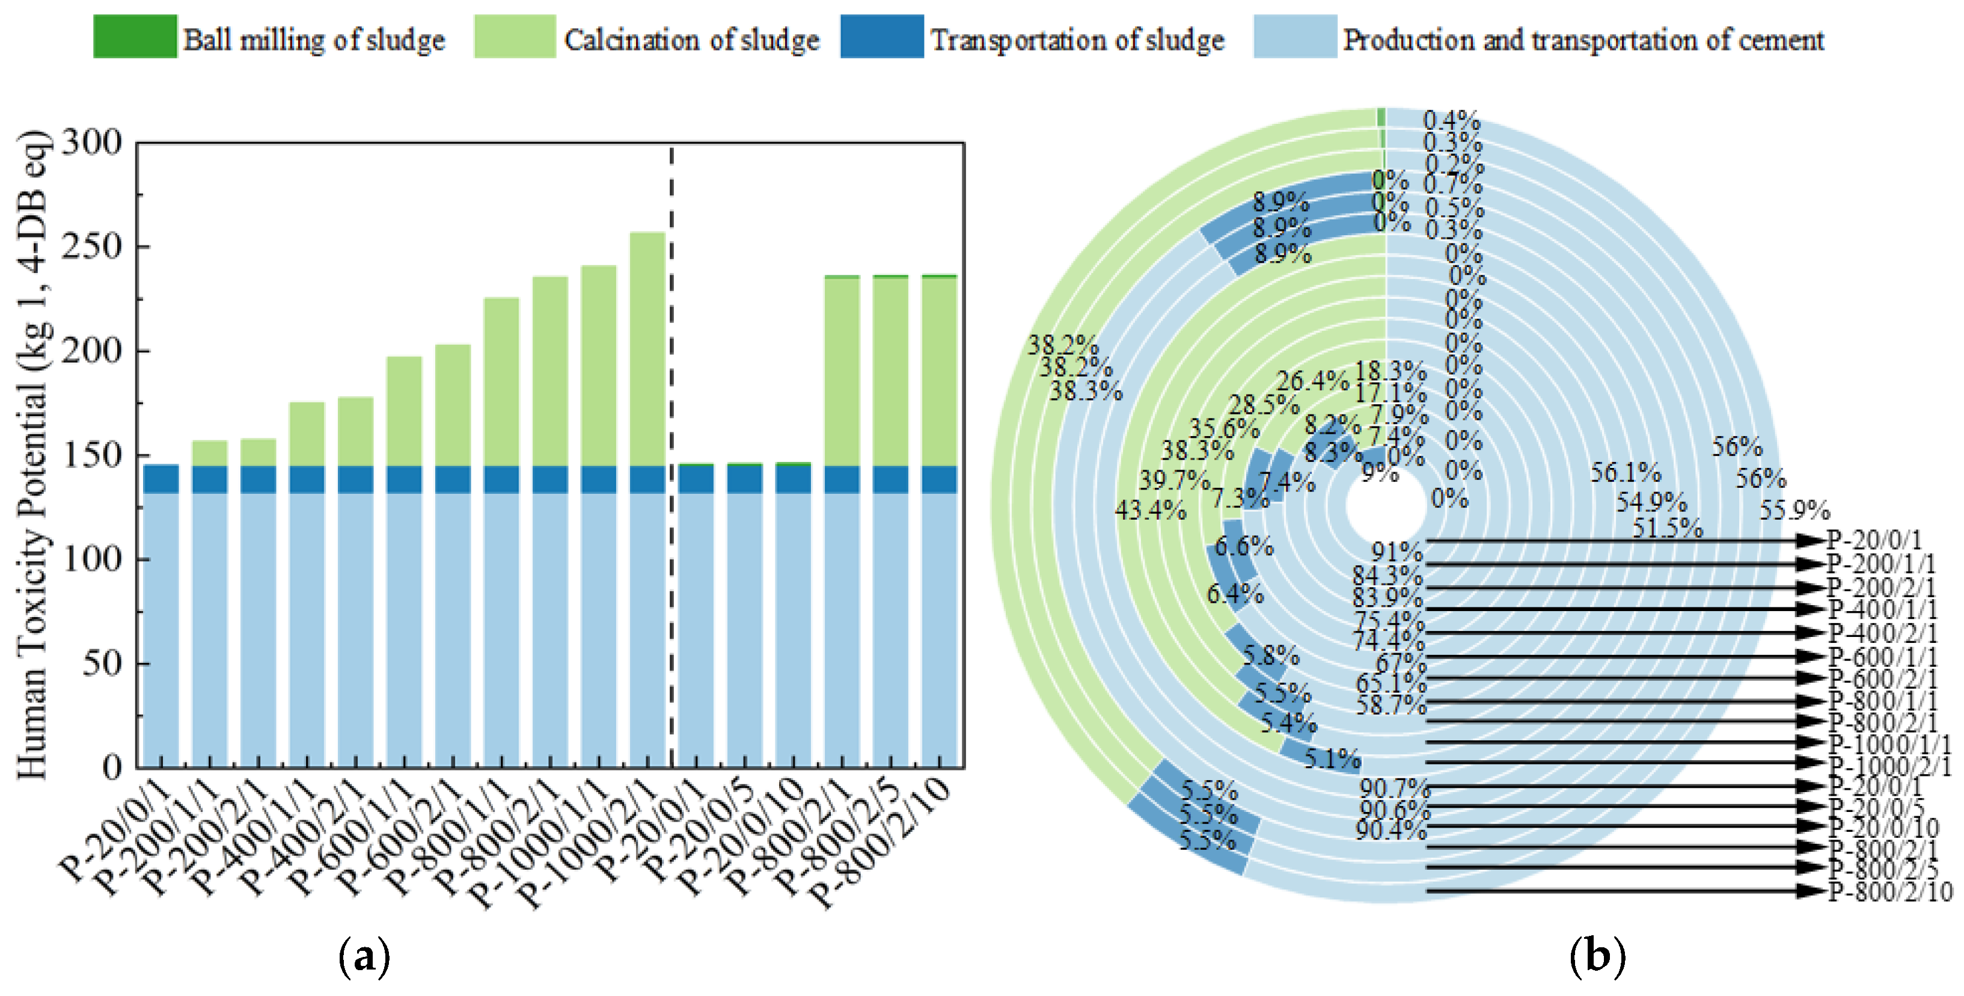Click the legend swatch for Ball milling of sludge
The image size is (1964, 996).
135,37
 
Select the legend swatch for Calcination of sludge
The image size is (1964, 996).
515,37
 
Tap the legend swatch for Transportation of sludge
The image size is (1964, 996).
882,37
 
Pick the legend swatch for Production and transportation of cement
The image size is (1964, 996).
1294,37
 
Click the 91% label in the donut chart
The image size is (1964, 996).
1397,550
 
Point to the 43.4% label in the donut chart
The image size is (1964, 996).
1151,509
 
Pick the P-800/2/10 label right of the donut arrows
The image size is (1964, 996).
1890,891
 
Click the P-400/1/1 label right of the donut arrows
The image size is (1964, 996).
1882,609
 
